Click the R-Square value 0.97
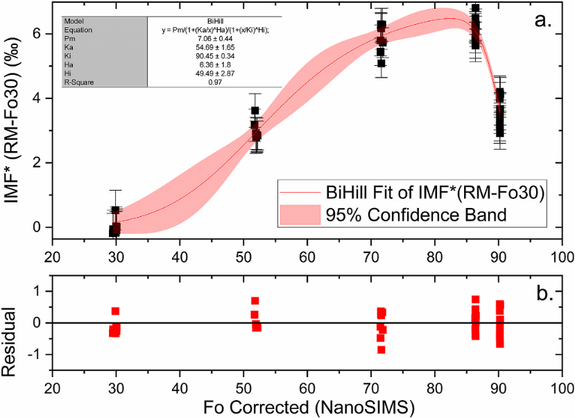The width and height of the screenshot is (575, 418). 214,82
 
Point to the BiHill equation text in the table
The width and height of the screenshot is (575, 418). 215,31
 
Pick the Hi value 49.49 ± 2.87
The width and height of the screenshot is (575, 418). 214,73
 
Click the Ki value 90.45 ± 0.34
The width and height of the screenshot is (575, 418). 214,57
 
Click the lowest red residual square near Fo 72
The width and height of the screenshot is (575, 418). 381,349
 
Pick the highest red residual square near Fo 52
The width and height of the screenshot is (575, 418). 255,301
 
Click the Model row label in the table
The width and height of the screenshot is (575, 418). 74,21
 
